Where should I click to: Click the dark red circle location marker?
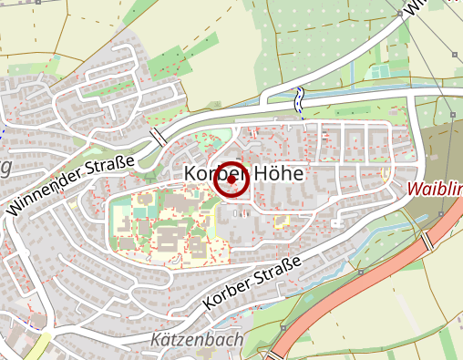coord(231,180)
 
